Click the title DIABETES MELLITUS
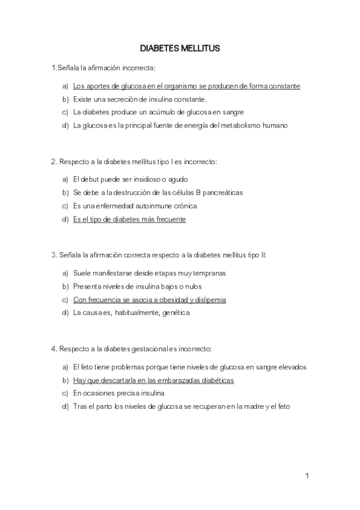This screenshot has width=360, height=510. click(x=180, y=47)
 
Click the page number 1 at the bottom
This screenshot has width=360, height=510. click(x=307, y=477)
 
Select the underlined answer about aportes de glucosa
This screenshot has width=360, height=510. click(x=186, y=86)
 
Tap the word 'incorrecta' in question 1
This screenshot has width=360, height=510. click(x=138, y=67)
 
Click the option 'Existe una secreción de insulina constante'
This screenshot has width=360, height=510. click(x=139, y=99)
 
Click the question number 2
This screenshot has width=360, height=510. click(x=53, y=162)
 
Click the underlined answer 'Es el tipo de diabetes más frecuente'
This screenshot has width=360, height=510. click(x=129, y=220)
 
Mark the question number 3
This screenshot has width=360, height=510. click(x=53, y=255)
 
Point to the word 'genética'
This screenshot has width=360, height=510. click(x=175, y=313)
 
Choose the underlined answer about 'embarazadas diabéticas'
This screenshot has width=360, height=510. click(x=153, y=380)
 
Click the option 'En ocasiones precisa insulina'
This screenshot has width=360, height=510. click(x=118, y=393)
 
